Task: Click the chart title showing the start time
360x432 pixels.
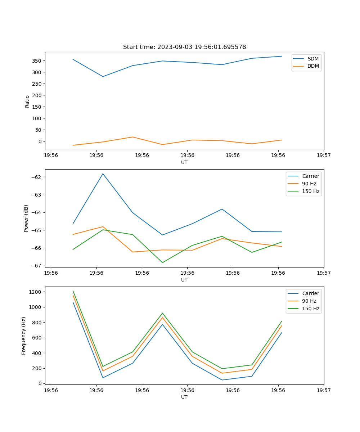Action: pos(184,47)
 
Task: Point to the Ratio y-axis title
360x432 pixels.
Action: pos(27,101)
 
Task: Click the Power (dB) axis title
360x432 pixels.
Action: pos(26,218)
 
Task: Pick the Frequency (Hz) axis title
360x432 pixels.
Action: pos(24,336)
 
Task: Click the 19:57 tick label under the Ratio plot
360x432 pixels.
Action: pos(324,156)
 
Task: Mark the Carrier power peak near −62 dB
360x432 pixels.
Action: pos(103,174)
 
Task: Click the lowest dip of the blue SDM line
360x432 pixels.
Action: pos(103,76)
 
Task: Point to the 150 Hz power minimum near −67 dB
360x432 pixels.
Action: pos(162,262)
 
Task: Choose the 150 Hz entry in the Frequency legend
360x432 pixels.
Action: pos(310,309)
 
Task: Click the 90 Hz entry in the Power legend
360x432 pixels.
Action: pos(309,184)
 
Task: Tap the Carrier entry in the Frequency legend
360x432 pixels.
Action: pos(310,293)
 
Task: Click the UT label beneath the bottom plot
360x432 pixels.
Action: pos(184,397)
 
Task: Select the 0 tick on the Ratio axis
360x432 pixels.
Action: pos(40,141)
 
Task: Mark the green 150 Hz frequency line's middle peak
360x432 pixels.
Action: pos(162,313)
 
